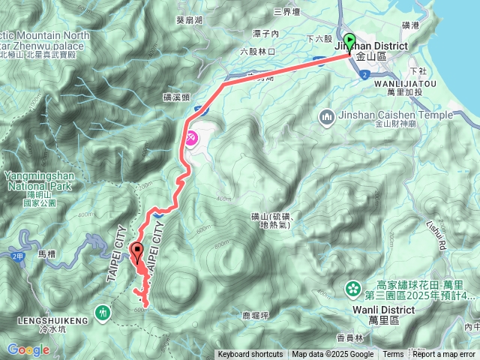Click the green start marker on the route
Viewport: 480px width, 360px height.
(x=349, y=41)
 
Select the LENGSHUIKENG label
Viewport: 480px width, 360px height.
(x=44, y=320)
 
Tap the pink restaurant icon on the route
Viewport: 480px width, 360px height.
(x=191, y=138)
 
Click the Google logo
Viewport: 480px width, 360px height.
(x=28, y=349)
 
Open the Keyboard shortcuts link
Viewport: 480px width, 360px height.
(x=250, y=355)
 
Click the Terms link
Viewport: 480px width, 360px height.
(x=393, y=355)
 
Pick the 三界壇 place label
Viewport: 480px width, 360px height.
(x=287, y=11)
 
